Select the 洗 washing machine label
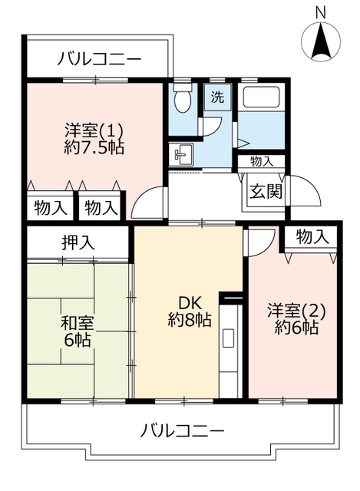point(217,97)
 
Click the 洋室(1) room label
point(94,130)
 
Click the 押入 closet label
point(78,243)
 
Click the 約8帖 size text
point(189,321)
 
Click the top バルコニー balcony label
point(99,58)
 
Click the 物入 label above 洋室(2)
point(312,238)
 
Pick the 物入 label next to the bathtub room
point(261,161)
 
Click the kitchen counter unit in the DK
point(230,349)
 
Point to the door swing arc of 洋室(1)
point(147,203)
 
